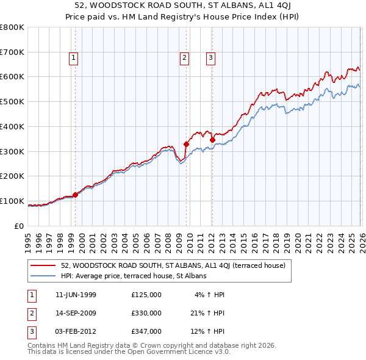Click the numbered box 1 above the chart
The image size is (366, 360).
(x=73, y=58)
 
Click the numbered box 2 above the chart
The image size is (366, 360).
(x=184, y=58)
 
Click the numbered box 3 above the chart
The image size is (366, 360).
(x=210, y=58)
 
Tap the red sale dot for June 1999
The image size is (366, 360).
(x=76, y=195)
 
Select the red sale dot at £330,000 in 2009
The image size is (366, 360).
(x=186, y=145)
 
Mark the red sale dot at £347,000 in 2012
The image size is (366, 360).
(x=212, y=140)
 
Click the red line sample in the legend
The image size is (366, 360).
(x=43, y=265)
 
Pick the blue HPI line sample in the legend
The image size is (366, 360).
(x=43, y=276)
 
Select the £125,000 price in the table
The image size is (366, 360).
(x=146, y=295)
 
